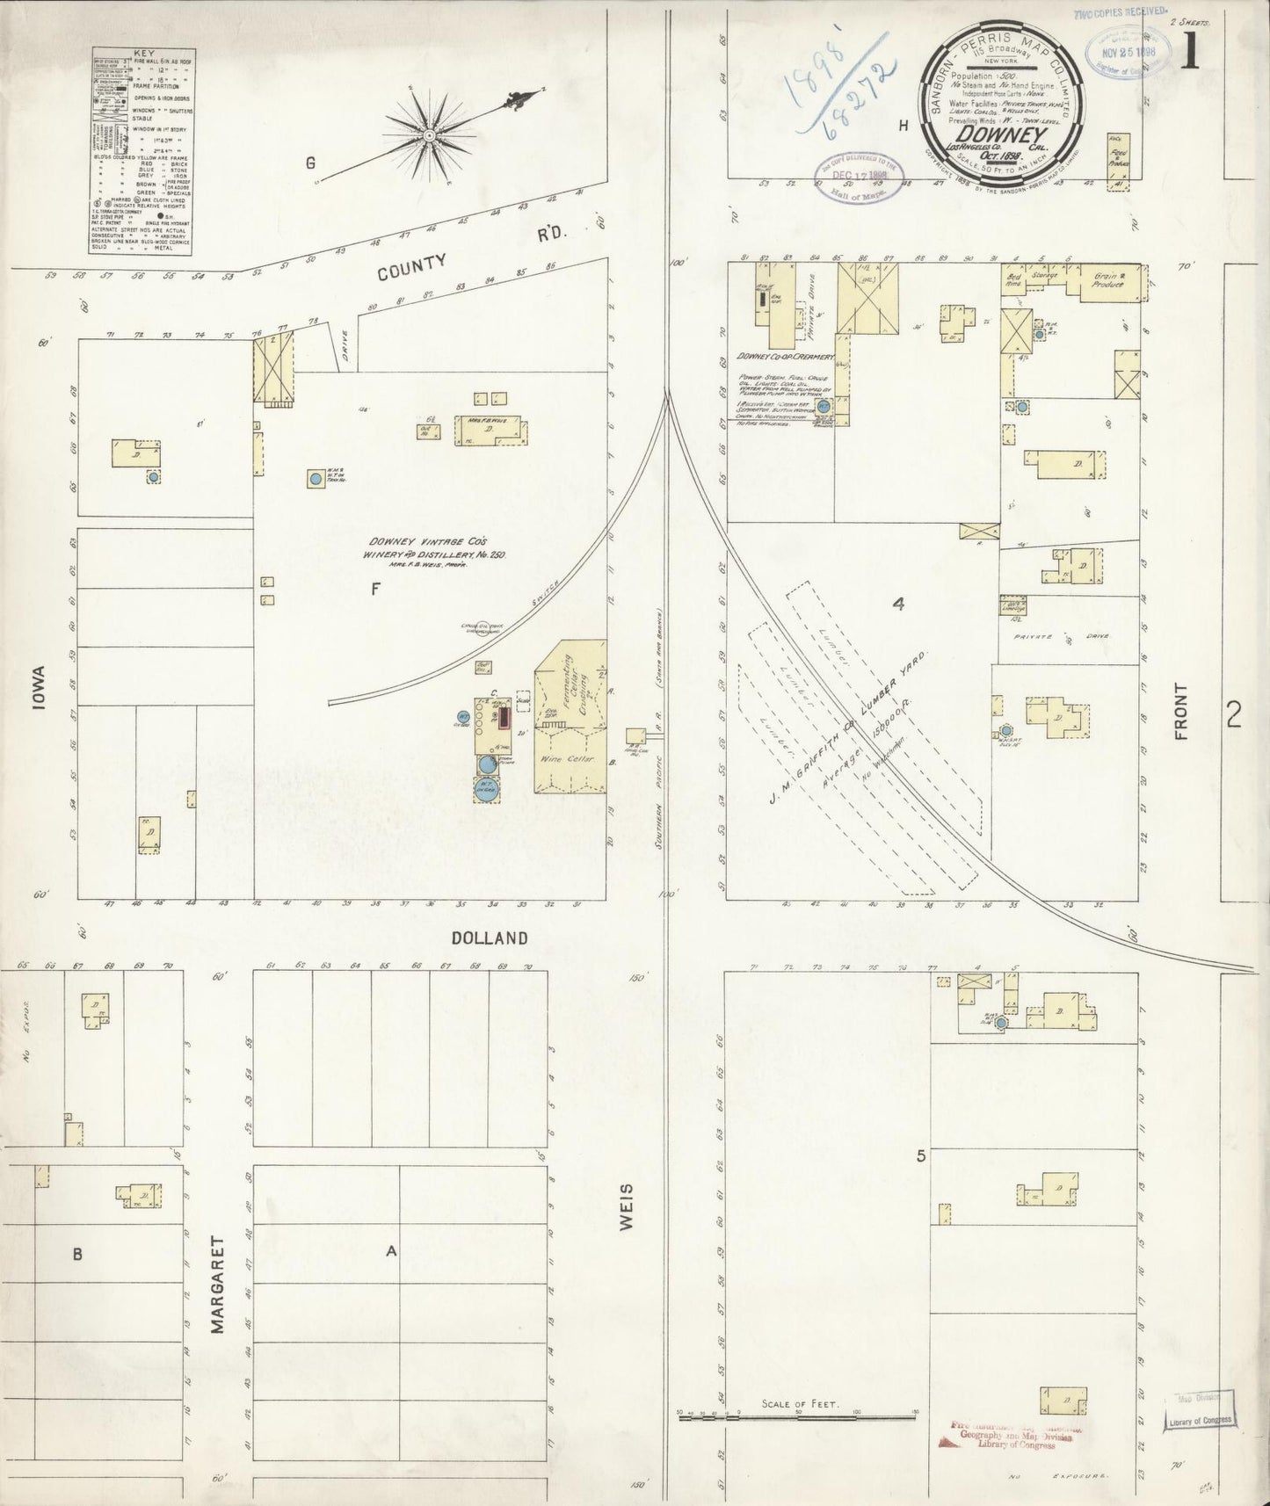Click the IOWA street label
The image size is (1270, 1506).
pyautogui.click(x=40, y=691)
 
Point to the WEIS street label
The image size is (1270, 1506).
pyautogui.click(x=627, y=1205)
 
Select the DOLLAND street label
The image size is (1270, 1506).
pyautogui.click(x=490, y=938)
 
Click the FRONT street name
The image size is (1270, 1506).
pyautogui.click(x=1180, y=711)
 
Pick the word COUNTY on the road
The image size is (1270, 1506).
pyautogui.click(x=411, y=266)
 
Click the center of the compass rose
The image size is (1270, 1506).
pyautogui.click(x=429, y=134)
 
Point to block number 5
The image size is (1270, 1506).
pyautogui.click(x=921, y=1156)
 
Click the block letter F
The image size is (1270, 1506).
pyautogui.click(x=375, y=590)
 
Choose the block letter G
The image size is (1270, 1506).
pyautogui.click(x=309, y=163)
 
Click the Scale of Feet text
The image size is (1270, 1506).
pyautogui.click(x=800, y=1404)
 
